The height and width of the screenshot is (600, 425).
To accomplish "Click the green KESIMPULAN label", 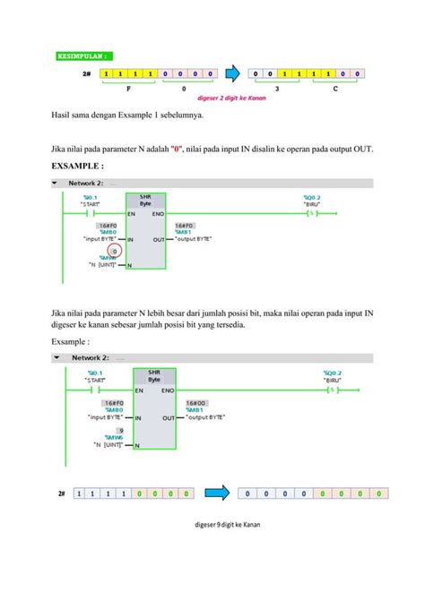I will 84,55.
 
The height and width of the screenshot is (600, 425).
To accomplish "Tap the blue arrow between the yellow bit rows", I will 230,73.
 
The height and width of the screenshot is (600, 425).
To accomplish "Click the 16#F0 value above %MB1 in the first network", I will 186,226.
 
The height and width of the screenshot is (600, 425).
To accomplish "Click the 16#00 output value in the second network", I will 195,404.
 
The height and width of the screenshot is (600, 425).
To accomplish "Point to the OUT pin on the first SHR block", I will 159,240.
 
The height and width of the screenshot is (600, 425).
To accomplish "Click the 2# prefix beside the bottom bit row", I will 62,493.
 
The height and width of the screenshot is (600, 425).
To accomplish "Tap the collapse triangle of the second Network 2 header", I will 56,356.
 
